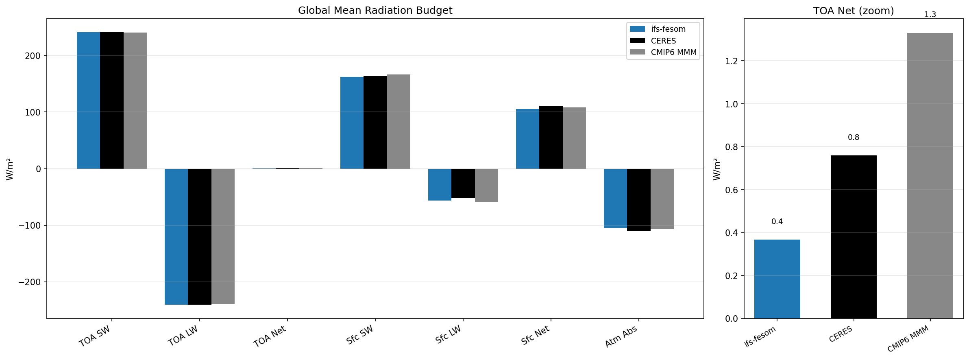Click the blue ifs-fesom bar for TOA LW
click(176, 236)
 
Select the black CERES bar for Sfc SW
click(375, 122)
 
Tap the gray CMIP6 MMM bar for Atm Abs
click(662, 199)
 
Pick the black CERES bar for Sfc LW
click(463, 183)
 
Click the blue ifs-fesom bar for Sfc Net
click(527, 139)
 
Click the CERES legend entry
click(663, 41)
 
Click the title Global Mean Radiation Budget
click(375, 11)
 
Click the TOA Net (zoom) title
click(853, 11)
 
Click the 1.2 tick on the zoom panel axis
click(732, 61)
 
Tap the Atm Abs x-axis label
click(621, 336)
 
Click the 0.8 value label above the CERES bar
click(853, 137)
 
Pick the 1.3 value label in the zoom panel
click(930, 15)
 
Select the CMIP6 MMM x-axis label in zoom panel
click(908, 339)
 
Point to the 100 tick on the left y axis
click(33, 112)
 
